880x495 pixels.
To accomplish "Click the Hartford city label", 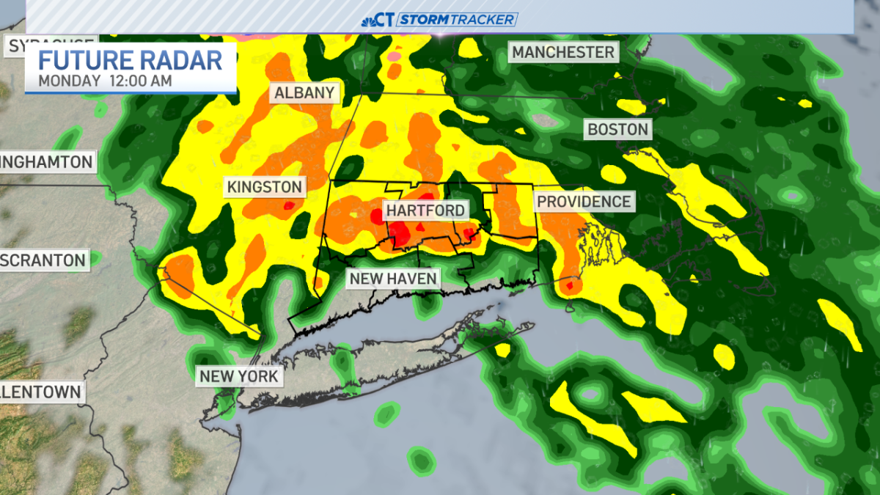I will point(425,210).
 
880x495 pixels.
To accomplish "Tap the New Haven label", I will point(393,279).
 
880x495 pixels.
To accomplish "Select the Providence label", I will point(584,201).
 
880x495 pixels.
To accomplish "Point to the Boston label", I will point(617,130).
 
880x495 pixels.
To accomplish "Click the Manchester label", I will point(562,52).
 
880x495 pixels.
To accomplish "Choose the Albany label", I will point(304,93).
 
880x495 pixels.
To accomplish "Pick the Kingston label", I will point(264,187).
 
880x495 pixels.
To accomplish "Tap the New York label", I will point(239,376).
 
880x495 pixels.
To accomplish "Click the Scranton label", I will point(43,260).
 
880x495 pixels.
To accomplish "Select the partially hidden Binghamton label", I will point(47,161).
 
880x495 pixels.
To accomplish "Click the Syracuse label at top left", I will point(51,45).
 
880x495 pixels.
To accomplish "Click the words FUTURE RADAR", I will point(130,59).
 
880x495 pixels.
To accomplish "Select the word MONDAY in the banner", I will point(69,81).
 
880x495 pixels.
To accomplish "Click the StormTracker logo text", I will point(457,20).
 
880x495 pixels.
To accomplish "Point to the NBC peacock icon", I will point(369,21).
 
